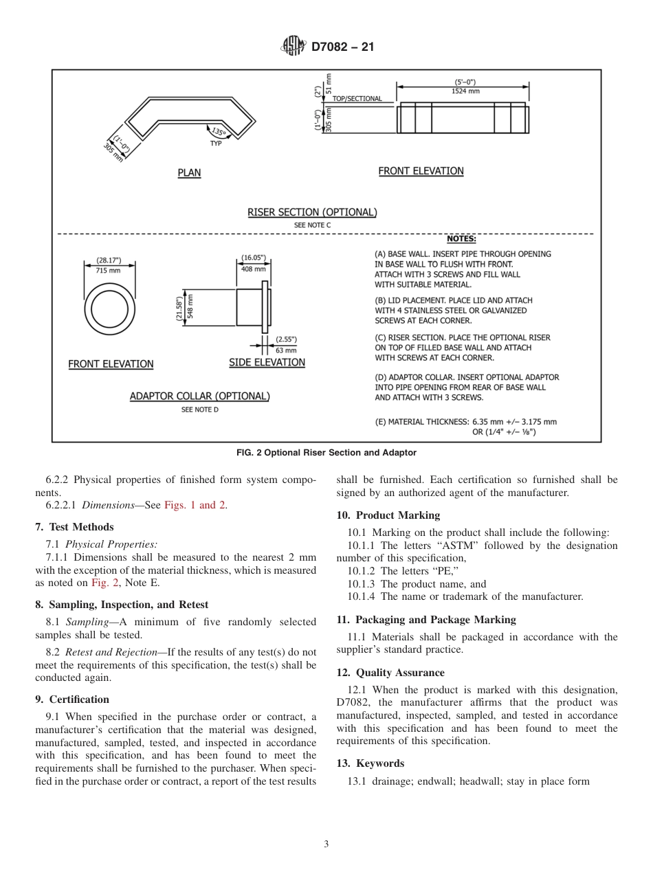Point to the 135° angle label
pyautogui.click(x=219, y=131)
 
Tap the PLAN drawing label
pyautogui.click(x=189, y=173)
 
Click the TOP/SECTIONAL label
pyautogui.click(x=357, y=99)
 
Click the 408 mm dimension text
pyautogui.click(x=253, y=269)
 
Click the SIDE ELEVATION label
pyautogui.click(x=267, y=362)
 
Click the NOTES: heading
pyautogui.click(x=461, y=239)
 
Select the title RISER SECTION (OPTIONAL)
pyautogui.click(x=312, y=212)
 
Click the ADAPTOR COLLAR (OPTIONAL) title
pyautogui.click(x=199, y=396)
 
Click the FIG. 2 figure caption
pyautogui.click(x=326, y=452)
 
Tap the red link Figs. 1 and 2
pyautogui.click(x=195, y=505)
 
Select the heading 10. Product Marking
pyautogui.click(x=388, y=515)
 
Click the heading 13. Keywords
pyautogui.click(x=370, y=763)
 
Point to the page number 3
pyautogui.click(x=326, y=844)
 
